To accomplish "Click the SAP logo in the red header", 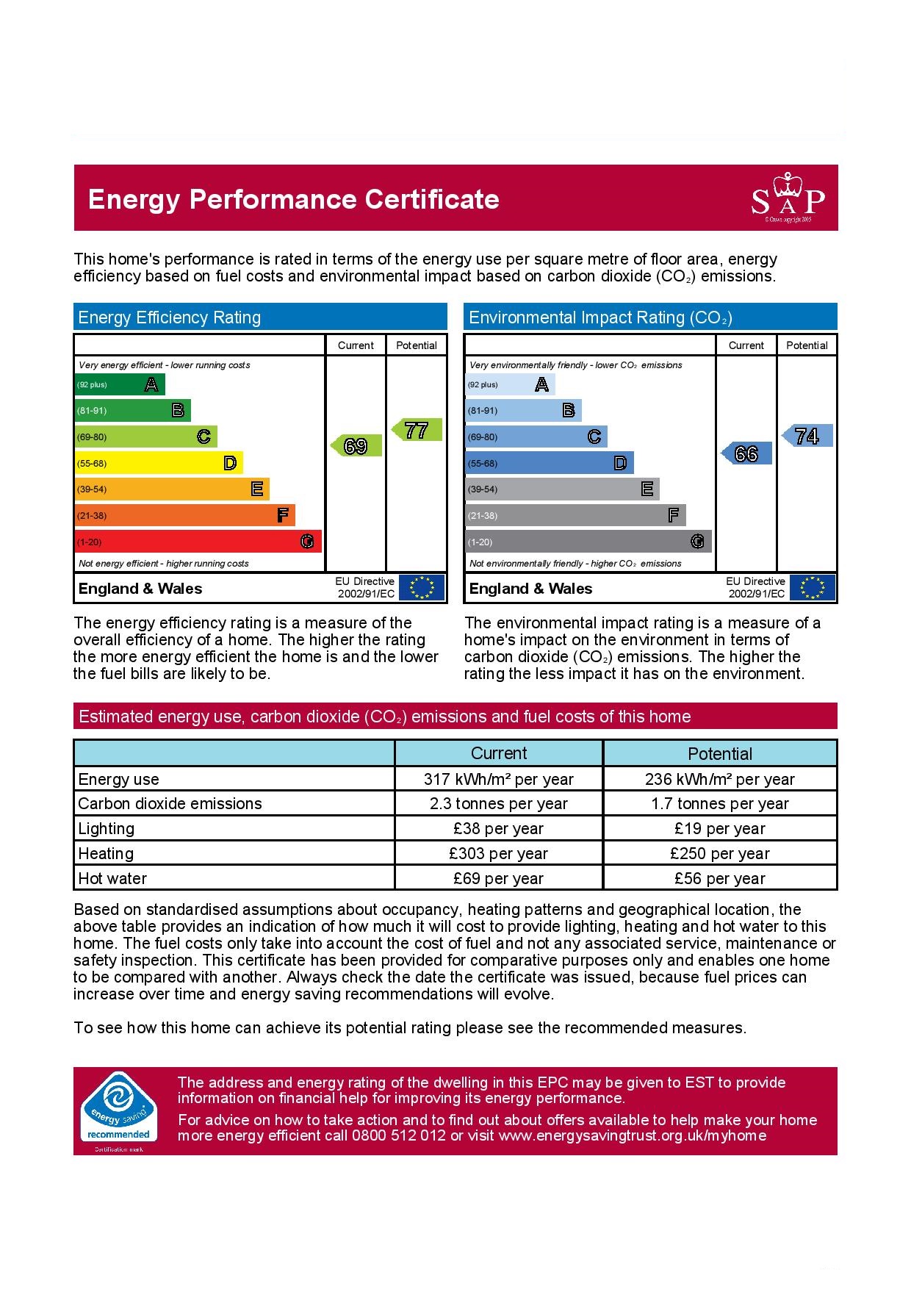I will coord(788,199).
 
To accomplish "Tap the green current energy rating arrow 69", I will coord(357,446).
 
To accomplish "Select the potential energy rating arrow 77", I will coord(417,430).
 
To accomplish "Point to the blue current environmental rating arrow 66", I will coord(747,453).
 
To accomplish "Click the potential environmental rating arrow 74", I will coord(807,436).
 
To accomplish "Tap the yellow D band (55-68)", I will coord(158,463).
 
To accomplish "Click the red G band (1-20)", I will coord(198,542).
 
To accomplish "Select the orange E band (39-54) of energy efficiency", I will coord(171,489).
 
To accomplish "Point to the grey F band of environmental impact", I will coord(575,515).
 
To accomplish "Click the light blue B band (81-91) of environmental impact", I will coord(522,410).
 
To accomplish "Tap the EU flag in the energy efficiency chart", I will coord(422,588).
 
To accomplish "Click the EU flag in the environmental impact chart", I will coord(813,588).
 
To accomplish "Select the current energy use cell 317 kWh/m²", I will coord(498,779).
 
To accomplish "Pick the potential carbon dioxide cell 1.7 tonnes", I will coord(719,804).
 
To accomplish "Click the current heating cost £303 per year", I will coord(498,853).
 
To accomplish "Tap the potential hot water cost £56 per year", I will coord(719,878).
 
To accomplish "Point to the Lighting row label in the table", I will coord(107,829).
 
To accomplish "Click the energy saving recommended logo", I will coord(118,1110).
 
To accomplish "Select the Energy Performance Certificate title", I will coord(293,199).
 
